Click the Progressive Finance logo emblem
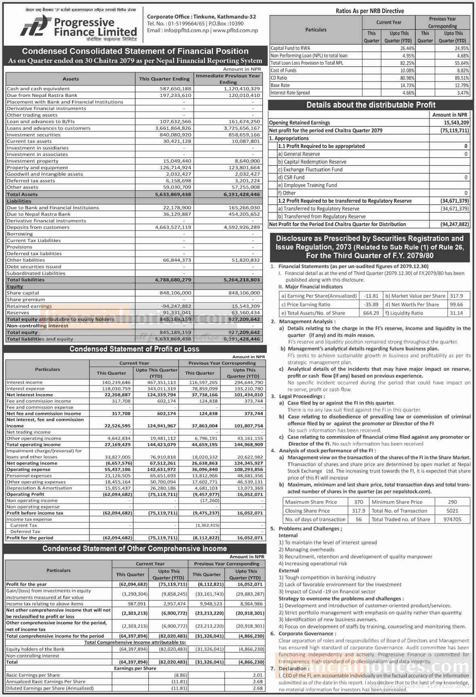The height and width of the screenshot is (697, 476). tap(34, 27)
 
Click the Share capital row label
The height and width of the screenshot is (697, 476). tap(23, 293)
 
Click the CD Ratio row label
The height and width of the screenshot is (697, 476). tap(279, 78)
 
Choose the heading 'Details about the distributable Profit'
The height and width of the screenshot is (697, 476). tap(371, 105)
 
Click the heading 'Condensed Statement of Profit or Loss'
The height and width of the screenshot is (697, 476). tap(134, 349)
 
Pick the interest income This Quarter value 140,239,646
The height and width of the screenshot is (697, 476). tap(114, 382)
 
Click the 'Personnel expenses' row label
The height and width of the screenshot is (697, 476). tap(29, 476)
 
